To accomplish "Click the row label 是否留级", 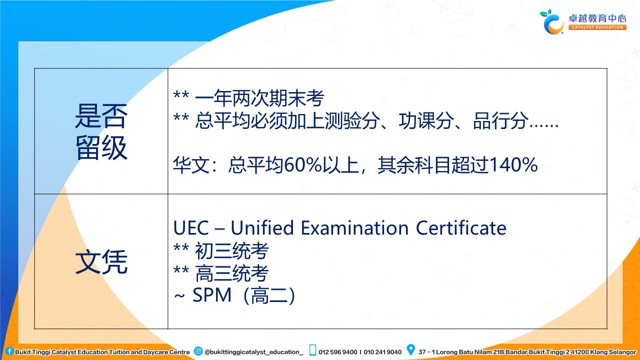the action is (x=101, y=131).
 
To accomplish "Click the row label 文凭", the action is (x=101, y=261).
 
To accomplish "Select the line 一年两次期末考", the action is (x=259, y=98).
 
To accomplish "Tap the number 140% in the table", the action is (x=513, y=165).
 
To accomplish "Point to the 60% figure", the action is (x=303, y=165).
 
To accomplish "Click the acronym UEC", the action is (x=191, y=228).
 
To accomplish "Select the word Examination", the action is (x=354, y=228).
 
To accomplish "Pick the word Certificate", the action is (x=461, y=228).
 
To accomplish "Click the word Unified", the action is (x=262, y=228).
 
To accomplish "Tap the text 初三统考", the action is (x=231, y=251).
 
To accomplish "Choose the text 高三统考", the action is (x=231, y=273).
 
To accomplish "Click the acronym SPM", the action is (x=211, y=295).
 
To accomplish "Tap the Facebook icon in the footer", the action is (x=9, y=351).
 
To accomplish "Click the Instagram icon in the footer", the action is (x=198, y=351).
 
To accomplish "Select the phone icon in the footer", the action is (x=313, y=350).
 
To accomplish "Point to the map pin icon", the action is (x=410, y=349).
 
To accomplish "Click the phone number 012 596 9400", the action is (x=337, y=352).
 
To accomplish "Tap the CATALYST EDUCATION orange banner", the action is (x=597, y=27).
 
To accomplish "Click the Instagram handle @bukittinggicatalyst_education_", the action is (x=253, y=352).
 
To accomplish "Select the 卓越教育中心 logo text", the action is (x=597, y=18).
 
